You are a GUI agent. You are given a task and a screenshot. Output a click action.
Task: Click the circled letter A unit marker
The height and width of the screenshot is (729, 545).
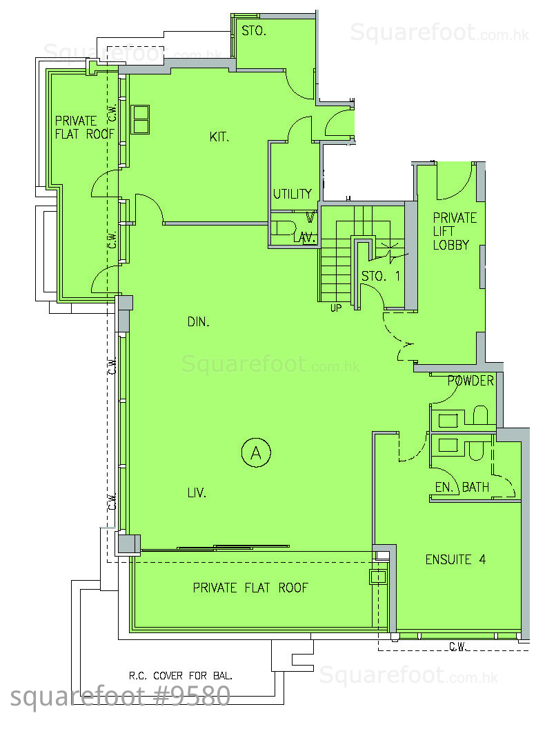pos(256,452)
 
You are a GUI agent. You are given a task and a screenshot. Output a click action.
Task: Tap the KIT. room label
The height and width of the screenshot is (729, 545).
pos(219,137)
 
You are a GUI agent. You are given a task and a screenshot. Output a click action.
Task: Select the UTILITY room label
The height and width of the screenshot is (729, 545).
pos(292,194)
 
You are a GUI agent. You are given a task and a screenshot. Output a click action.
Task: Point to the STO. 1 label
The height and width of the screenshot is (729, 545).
pos(381,276)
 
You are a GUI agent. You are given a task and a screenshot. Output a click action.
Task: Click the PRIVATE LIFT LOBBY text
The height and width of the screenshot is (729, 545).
pos(455,231)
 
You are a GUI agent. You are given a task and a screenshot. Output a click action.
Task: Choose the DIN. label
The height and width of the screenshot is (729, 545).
pos(198,321)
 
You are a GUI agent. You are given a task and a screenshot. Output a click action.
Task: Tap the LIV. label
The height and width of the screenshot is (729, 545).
pos(197,493)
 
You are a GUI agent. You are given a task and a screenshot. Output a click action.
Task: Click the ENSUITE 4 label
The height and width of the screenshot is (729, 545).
pos(455,559)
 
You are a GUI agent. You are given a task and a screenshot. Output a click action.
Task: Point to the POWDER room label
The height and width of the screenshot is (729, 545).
pos(470,381)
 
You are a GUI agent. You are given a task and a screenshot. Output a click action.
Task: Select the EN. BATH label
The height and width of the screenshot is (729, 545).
pos(462,487)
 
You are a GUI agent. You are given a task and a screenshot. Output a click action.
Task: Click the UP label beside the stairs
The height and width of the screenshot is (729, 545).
pos(336,308)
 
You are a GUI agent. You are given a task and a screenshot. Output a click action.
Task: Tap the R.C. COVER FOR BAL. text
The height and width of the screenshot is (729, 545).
pos(180,675)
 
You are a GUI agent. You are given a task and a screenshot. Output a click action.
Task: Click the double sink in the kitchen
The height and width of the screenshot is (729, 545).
pos(140,119)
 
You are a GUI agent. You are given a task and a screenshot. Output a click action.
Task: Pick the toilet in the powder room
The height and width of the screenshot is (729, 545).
pos(480,415)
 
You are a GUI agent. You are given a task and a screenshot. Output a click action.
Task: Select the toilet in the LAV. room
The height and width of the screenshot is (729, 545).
pos(285,228)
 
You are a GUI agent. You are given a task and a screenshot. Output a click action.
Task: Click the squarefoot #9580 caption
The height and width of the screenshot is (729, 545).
pos(120,697)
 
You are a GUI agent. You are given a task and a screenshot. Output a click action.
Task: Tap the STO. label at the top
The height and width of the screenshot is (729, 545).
pos(253,31)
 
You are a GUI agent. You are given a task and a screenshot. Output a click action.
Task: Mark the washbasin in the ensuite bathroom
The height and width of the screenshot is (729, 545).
pos(448,445)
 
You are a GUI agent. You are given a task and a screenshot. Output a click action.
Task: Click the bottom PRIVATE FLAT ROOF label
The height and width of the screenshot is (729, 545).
pos(250,588)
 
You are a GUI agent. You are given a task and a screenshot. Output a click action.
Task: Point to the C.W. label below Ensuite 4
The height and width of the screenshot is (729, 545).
pos(458,646)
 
